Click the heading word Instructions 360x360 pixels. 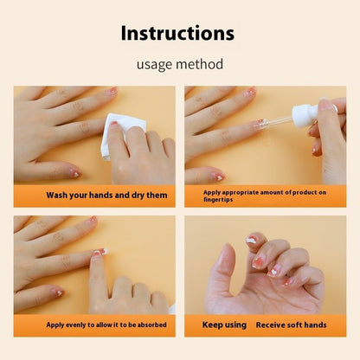pos(177,34)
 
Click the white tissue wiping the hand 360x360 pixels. pos(116,136)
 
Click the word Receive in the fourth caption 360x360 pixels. pos(273,325)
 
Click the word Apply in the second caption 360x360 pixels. pos(213,191)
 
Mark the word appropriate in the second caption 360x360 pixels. pos(245,191)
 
